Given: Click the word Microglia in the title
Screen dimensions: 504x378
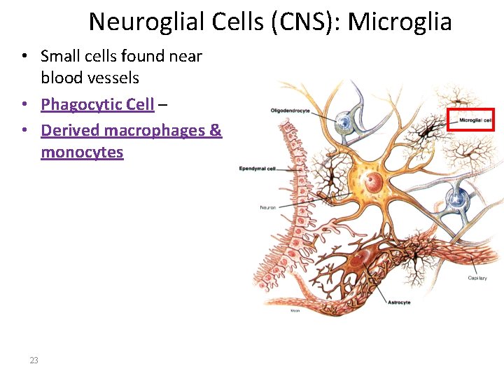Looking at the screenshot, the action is click(x=400, y=22).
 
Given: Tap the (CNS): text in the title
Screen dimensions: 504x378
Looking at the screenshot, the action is click(x=304, y=22).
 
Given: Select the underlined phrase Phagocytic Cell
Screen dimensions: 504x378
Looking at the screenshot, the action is click(x=97, y=104).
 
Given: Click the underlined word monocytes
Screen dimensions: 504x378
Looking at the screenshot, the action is click(x=82, y=152).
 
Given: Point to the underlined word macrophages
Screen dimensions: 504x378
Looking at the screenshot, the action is click(x=152, y=129).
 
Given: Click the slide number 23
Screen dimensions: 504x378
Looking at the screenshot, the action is click(x=34, y=360).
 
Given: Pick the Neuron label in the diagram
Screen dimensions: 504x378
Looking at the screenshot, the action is click(x=268, y=207).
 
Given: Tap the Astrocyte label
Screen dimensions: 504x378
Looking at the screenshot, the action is click(x=399, y=302).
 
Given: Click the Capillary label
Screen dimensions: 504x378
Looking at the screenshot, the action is click(x=477, y=278).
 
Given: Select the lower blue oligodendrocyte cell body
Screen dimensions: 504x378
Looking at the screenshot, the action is click(x=456, y=200).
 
